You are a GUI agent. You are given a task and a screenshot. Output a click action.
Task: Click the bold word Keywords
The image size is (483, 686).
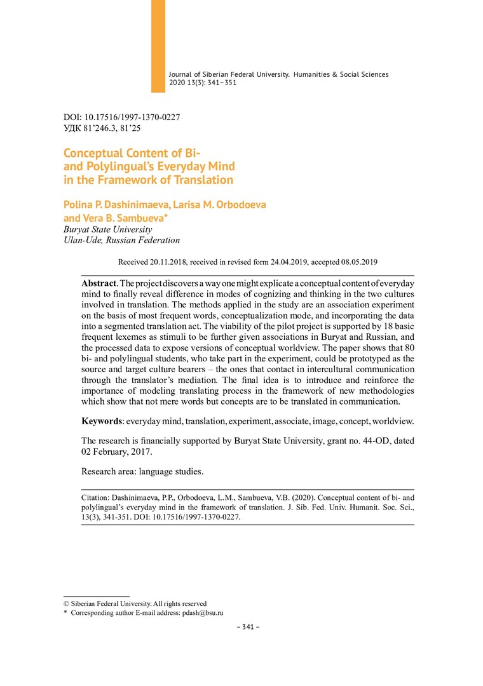(102, 421)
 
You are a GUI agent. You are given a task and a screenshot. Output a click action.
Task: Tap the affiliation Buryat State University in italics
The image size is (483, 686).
(108, 229)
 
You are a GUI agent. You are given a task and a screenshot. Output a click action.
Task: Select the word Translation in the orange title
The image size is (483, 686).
(202, 180)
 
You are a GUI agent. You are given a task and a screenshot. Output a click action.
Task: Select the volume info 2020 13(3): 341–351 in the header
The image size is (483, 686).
(203, 83)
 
